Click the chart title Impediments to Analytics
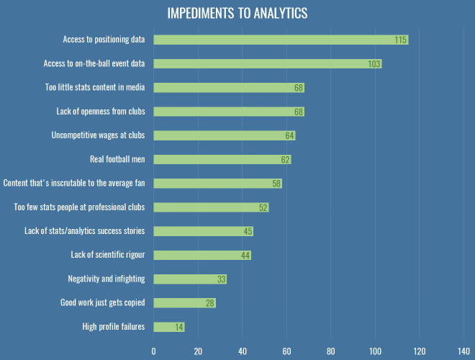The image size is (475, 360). (x=237, y=14)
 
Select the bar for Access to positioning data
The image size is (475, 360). (x=281, y=40)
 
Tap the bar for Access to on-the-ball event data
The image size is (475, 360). (x=267, y=63)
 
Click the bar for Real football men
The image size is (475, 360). (x=222, y=159)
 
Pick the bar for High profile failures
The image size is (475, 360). (x=169, y=327)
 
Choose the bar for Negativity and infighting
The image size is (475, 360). (x=190, y=279)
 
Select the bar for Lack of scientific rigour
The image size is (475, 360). (x=202, y=255)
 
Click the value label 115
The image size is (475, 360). (x=401, y=40)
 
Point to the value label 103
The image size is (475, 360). (x=374, y=63)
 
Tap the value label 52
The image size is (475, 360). (x=263, y=207)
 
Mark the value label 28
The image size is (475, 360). (x=210, y=303)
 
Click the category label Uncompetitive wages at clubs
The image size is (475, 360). (x=98, y=135)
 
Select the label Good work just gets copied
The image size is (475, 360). (x=102, y=303)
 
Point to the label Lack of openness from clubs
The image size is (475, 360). (x=101, y=112)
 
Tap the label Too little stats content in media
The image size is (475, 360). (x=95, y=87)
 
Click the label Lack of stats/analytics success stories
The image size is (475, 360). (x=85, y=231)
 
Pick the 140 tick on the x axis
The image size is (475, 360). (x=464, y=351)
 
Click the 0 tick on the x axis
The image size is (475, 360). (x=153, y=351)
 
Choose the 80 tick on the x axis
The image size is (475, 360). (x=331, y=351)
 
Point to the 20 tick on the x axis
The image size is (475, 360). (x=198, y=351)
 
